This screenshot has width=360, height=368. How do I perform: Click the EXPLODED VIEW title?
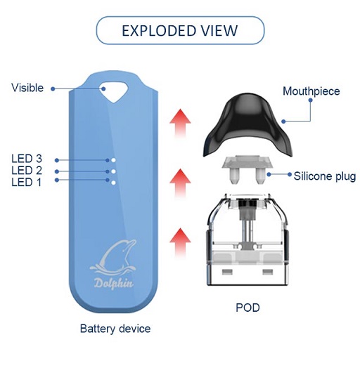[180, 30]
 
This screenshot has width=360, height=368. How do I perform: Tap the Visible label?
[27, 88]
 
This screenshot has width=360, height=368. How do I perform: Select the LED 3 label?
[27, 159]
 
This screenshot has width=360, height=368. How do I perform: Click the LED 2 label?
[27, 171]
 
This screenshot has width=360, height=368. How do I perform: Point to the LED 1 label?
[26, 182]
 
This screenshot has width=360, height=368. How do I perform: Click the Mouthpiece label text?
[311, 91]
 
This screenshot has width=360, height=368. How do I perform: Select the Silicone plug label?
[325, 176]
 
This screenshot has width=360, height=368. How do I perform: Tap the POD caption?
[247, 308]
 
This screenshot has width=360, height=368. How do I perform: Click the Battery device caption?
[115, 329]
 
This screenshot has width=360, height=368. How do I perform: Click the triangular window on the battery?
[114, 91]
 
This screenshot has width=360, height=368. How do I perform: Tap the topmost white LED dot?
[113, 160]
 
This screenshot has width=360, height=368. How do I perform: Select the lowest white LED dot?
[113, 183]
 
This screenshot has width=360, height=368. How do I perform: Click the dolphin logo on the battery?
[113, 257]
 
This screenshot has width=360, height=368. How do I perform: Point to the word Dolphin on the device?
[114, 283]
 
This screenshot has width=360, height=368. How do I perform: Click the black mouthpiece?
[247, 124]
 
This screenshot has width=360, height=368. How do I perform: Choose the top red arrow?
[180, 124]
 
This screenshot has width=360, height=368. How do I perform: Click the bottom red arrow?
[180, 243]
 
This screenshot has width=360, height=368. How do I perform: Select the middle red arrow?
[180, 183]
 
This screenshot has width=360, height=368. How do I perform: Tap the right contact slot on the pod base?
[268, 272]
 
